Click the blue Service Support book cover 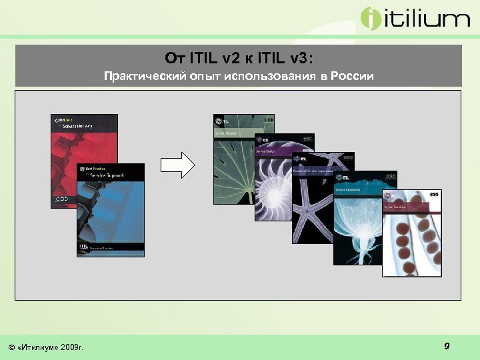click(x=110, y=213)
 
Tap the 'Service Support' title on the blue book click(x=110, y=176)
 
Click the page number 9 click(x=447, y=345)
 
